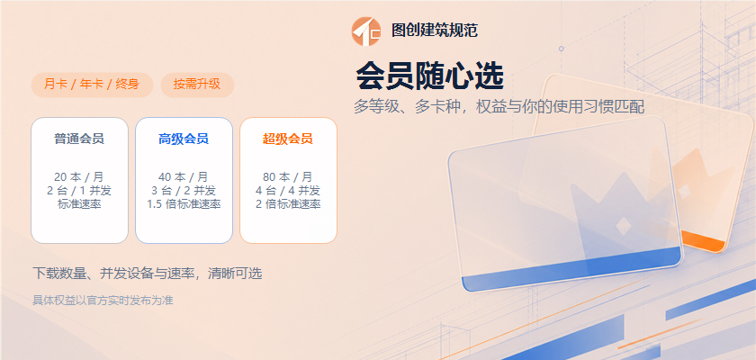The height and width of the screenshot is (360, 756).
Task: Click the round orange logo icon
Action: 366,31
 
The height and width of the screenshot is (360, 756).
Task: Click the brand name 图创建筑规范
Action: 435,31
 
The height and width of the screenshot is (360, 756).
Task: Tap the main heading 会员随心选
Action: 429,76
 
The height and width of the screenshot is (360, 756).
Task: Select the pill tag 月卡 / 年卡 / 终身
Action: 92,85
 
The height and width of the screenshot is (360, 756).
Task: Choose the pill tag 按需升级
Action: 197,85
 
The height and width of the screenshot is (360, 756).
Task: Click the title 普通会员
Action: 79,139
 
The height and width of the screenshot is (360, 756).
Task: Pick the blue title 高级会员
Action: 184,139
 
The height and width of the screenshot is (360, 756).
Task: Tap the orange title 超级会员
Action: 288,139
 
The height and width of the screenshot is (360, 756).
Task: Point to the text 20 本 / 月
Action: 79,177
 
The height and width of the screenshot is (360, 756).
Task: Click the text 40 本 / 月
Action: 184,177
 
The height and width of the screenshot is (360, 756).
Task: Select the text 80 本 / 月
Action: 288,177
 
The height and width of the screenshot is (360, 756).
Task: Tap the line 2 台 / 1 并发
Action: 79,191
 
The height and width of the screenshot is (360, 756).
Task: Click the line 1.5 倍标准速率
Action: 184,204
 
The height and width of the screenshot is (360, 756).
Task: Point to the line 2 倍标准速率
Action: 288,204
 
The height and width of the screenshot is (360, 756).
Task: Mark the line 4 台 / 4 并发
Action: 288,191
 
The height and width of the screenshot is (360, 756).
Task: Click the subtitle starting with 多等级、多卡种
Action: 499,107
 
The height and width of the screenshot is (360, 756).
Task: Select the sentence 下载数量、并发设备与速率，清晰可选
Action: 148,274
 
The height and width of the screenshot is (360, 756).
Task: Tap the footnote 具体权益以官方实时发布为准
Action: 103,301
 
